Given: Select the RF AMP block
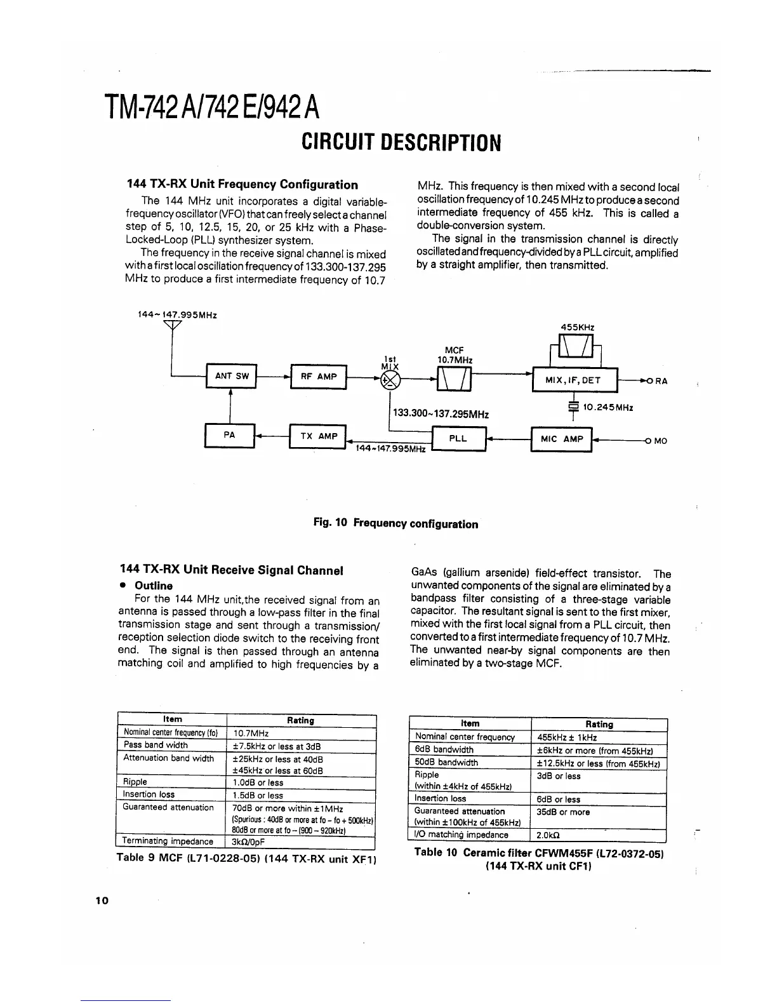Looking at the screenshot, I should [318, 377].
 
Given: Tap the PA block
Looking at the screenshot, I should [229, 435].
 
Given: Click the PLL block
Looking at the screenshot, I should [458, 439].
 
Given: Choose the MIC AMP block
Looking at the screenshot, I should [561, 439].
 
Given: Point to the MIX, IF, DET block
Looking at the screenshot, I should [574, 380].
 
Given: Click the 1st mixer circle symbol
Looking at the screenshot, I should [388, 380].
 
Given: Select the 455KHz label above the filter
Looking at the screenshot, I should [577, 327].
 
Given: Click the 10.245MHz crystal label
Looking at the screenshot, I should [608, 407].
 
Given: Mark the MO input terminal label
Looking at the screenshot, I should [660, 441].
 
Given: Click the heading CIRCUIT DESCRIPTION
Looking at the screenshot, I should [401, 143].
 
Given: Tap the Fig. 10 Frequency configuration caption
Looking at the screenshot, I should [395, 524].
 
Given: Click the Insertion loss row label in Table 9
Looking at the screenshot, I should [149, 795].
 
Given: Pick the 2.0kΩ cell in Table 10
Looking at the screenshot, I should [549, 835].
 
